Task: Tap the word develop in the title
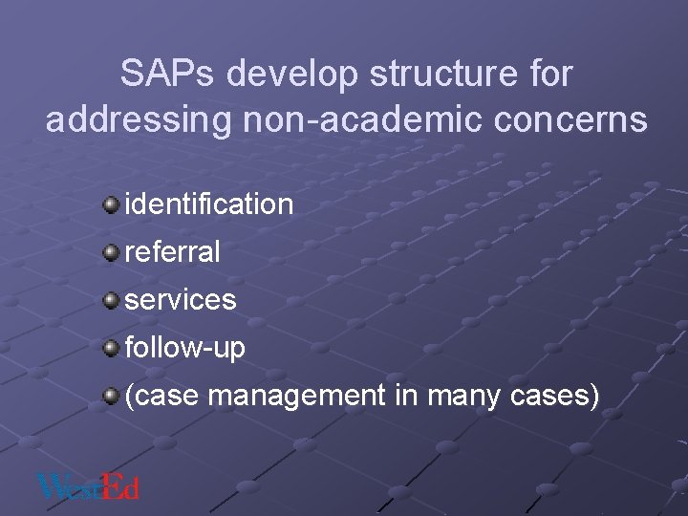[x=290, y=75]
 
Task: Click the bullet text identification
[x=208, y=204]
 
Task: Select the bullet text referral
[x=172, y=252]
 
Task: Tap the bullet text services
[x=180, y=300]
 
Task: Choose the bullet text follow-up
[x=184, y=348]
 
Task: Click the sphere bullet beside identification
[x=112, y=204]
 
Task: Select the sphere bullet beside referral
[x=112, y=251]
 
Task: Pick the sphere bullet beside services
[x=112, y=299]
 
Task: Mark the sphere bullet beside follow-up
[x=112, y=347]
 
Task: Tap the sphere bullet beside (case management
[x=112, y=395]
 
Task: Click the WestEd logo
[x=89, y=485]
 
